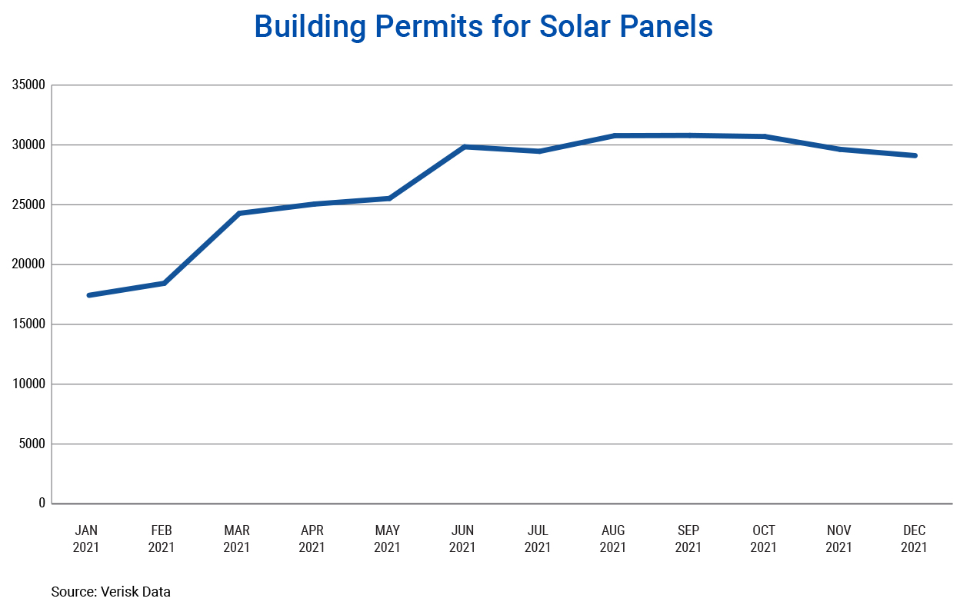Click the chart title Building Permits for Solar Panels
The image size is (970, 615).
483,27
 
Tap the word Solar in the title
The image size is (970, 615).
576,27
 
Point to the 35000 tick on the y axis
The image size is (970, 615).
29,85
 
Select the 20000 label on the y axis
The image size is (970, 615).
29,264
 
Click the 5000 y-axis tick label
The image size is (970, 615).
32,444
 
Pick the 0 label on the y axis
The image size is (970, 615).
42,503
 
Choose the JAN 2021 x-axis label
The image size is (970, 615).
86,539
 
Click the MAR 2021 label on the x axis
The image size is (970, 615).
237,539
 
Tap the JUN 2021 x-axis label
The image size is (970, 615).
462,539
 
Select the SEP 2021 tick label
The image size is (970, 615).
688,539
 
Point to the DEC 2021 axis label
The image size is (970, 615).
914,539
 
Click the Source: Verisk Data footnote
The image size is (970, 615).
111,592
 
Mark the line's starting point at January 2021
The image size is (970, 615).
89,295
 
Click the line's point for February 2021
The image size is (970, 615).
164,283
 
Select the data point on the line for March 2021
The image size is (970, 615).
239,213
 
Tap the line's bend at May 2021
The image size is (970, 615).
389,198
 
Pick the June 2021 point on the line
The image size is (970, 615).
465,146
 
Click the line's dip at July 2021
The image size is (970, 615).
539,151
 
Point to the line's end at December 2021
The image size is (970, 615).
915,155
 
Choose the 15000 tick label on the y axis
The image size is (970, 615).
29,324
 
